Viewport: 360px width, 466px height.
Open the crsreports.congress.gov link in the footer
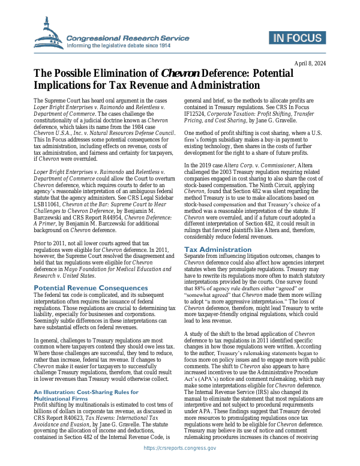180,448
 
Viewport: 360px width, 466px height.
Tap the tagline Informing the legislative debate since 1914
119,46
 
